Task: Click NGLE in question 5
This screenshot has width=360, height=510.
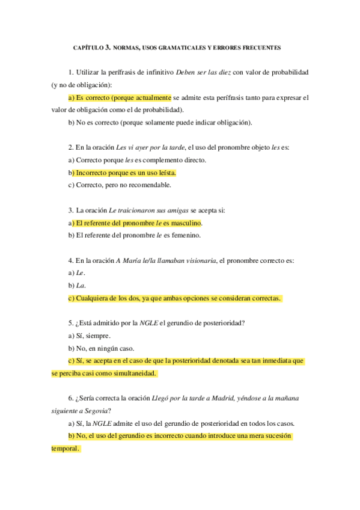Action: coord(148,323)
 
